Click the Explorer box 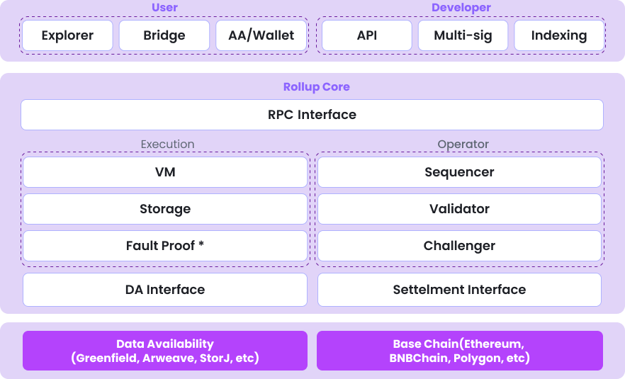pyautogui.click(x=68, y=35)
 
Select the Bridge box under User pyautogui.click(x=164, y=35)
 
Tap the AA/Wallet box pyautogui.click(x=261, y=35)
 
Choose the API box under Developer pyautogui.click(x=367, y=35)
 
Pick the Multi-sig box pyautogui.click(x=462, y=35)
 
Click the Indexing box pyautogui.click(x=559, y=35)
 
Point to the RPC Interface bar pyautogui.click(x=312, y=115)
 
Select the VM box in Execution pyautogui.click(x=165, y=172)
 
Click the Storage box pyautogui.click(x=165, y=209)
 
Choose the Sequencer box pyautogui.click(x=459, y=172)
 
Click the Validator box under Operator pyautogui.click(x=459, y=209)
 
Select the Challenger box pyautogui.click(x=459, y=246)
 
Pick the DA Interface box pyautogui.click(x=165, y=290)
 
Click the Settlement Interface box pyautogui.click(x=459, y=290)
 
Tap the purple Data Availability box pyautogui.click(x=165, y=351)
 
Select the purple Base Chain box pyautogui.click(x=459, y=351)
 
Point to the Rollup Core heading pyautogui.click(x=316, y=87)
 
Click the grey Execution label pyautogui.click(x=167, y=144)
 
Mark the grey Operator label pyautogui.click(x=463, y=144)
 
